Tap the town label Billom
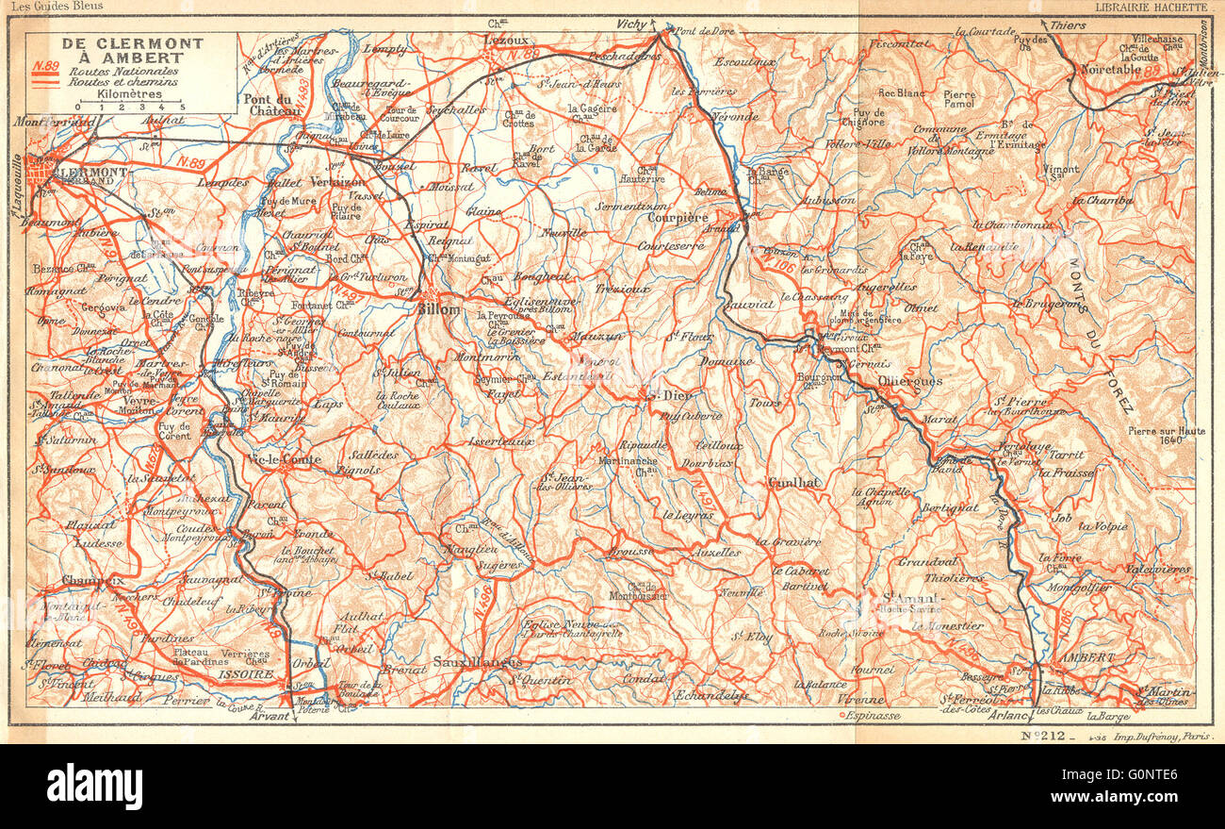[x=439, y=308]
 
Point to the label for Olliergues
[x=909, y=381]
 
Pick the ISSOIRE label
[x=257, y=674]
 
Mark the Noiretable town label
[x=1110, y=69]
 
